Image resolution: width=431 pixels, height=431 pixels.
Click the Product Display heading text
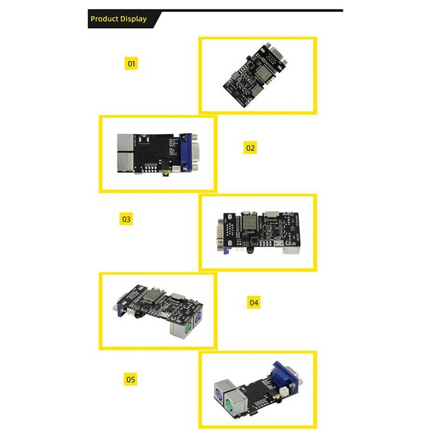(x=119, y=19)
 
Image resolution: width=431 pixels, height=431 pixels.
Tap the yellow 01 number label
(x=131, y=64)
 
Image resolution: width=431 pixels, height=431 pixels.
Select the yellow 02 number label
(x=250, y=147)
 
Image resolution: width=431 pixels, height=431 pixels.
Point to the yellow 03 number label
(x=126, y=219)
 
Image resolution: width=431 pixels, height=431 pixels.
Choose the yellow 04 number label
(x=254, y=302)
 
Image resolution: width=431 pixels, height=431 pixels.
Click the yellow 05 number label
(x=131, y=379)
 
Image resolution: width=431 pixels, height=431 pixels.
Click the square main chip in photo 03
(x=249, y=222)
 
